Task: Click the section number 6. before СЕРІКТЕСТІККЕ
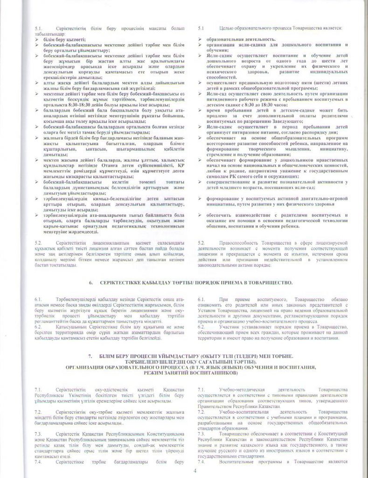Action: point(91,283)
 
